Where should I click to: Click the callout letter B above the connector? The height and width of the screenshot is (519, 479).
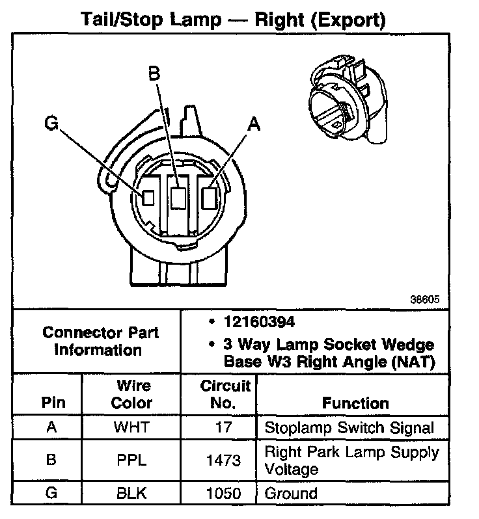point(154,74)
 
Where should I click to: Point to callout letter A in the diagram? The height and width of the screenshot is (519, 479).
point(253,124)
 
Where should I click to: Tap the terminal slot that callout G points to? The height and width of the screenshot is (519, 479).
point(148,196)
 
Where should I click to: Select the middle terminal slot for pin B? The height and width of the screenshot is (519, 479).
point(177,197)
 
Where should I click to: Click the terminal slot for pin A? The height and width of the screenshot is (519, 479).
point(210,196)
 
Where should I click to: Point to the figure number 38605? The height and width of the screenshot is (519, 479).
point(425,300)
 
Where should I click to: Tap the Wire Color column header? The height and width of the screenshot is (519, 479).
point(131,394)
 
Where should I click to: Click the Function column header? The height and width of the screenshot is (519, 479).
point(355,403)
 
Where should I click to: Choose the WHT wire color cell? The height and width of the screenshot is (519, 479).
point(131,428)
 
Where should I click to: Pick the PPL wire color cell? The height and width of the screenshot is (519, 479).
point(131,460)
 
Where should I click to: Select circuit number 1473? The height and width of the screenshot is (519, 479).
point(223,460)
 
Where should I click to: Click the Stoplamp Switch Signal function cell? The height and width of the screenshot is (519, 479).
point(349,428)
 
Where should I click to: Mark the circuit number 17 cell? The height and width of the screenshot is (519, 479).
point(223,428)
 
